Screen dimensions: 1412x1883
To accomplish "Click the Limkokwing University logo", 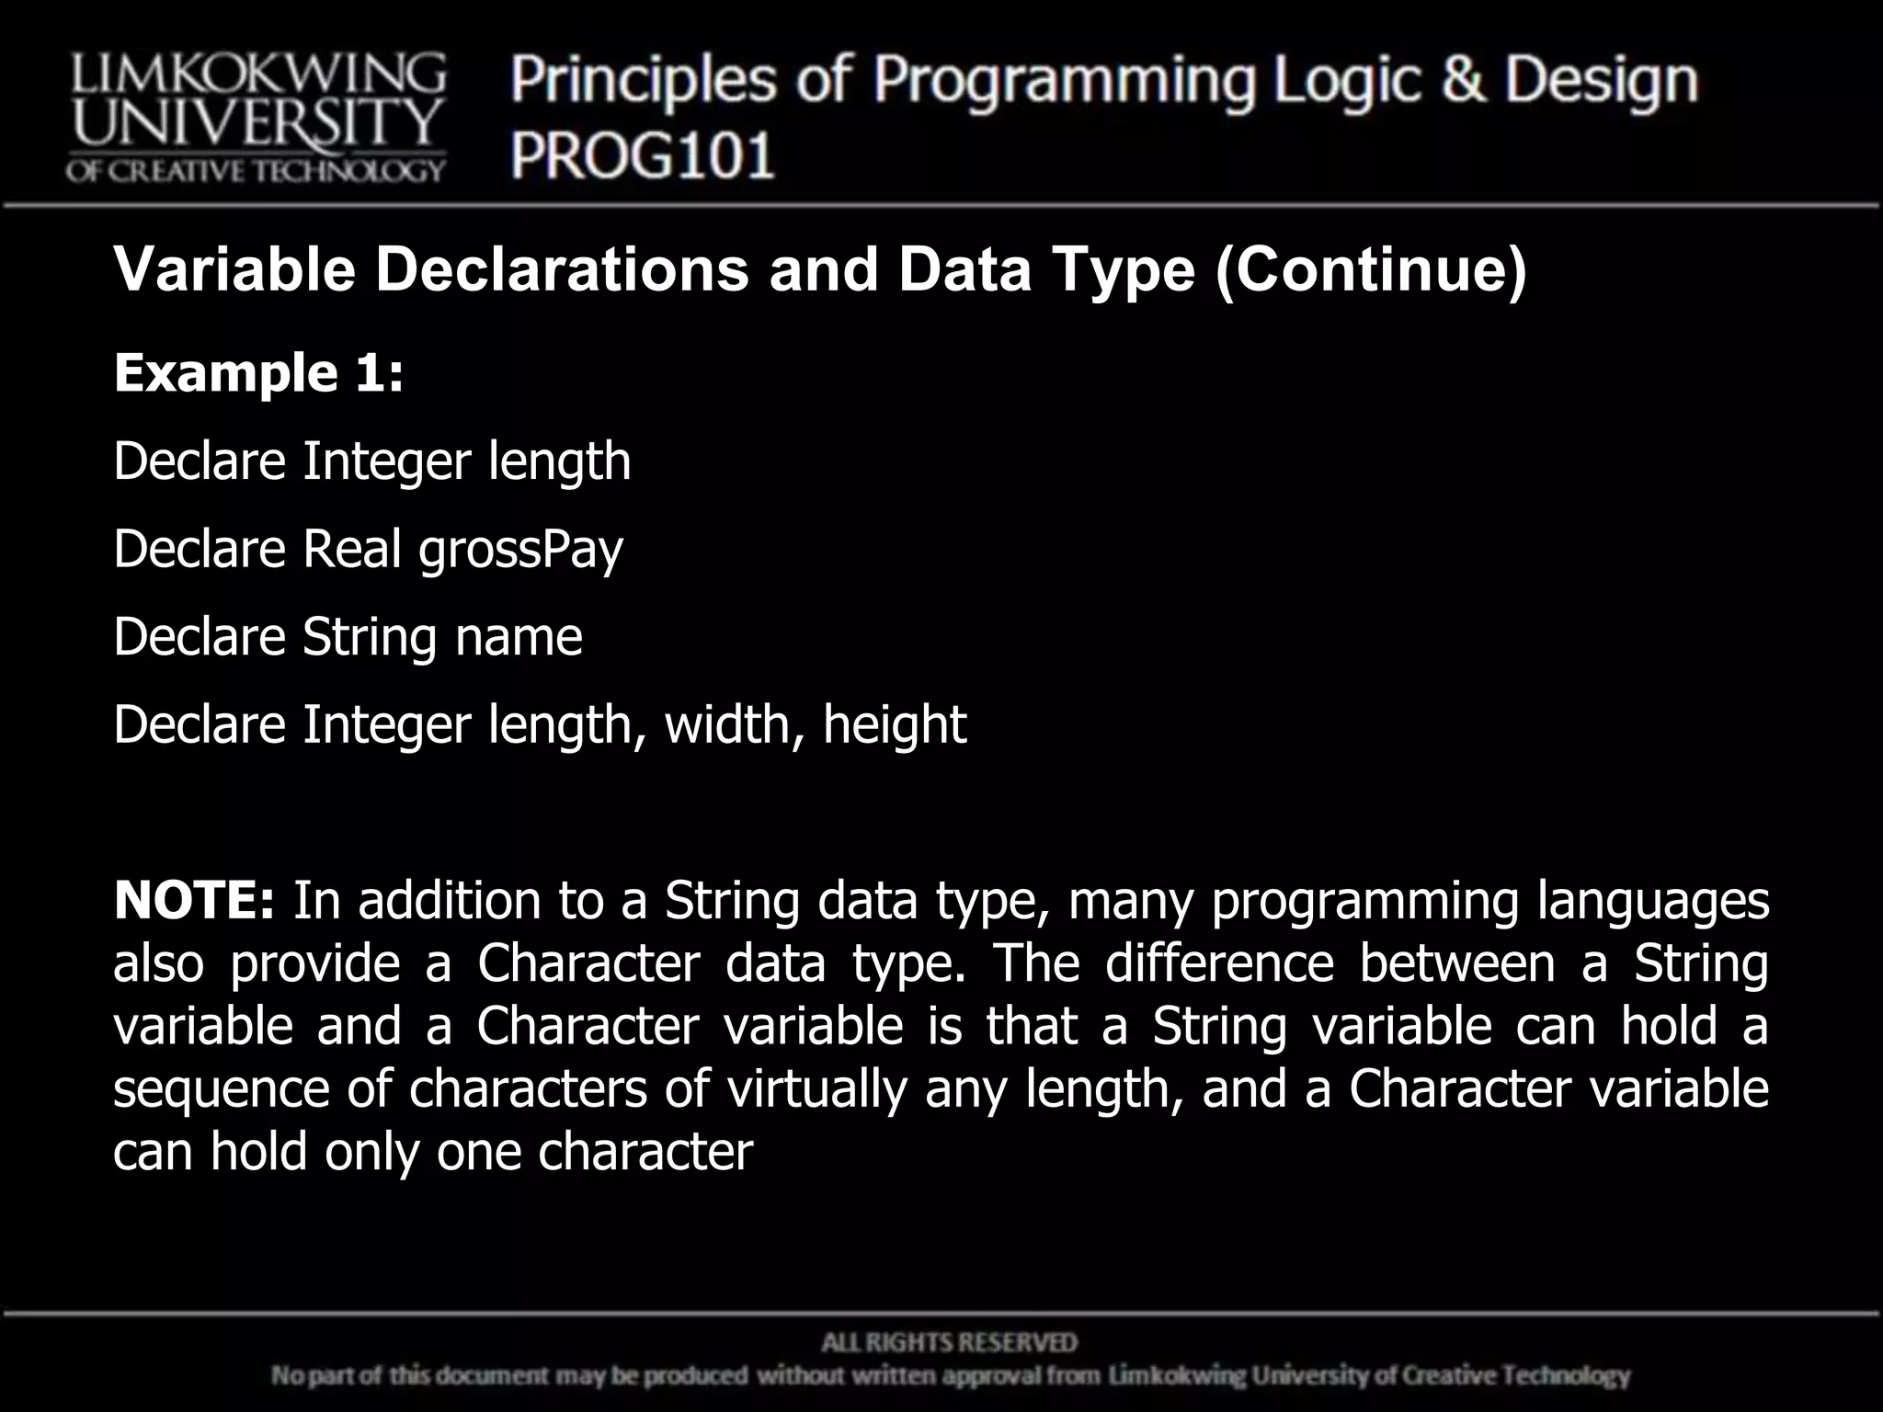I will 256,118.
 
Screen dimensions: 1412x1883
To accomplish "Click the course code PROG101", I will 643,154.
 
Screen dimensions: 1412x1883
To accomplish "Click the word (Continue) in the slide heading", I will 1371,270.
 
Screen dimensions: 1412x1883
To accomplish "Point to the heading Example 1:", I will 258,372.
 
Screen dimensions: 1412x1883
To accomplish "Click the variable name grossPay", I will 520,550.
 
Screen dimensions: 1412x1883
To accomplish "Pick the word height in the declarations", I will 894,725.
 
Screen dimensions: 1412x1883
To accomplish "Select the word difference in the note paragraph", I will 1218,963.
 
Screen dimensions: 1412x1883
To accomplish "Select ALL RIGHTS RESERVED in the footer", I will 949,1343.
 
